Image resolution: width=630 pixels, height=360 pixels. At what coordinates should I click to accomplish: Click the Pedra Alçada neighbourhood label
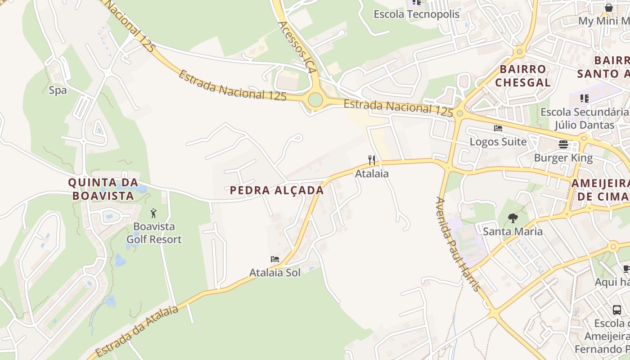277,190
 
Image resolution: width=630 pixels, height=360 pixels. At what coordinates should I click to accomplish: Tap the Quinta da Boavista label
101,189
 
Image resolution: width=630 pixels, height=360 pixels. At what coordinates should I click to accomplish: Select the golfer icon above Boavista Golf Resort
154,213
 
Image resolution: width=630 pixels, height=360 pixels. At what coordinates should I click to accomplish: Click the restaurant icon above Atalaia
372,160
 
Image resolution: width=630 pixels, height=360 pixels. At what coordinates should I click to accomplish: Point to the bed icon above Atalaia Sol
275,259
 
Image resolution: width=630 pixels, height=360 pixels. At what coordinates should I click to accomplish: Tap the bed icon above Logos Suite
498,128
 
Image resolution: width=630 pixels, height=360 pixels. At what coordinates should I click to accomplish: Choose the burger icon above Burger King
563,144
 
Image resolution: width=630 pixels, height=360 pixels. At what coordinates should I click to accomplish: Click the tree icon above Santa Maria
513,218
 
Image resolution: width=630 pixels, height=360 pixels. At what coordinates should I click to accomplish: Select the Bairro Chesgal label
522,76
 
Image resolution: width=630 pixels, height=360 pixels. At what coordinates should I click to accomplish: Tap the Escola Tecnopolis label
416,14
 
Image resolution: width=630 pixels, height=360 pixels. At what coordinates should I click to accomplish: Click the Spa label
58,90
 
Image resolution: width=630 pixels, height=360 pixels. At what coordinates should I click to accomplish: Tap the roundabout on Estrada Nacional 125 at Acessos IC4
315,100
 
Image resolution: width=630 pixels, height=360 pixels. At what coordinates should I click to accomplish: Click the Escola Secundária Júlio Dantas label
584,118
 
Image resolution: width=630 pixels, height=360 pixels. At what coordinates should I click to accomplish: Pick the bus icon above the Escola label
617,310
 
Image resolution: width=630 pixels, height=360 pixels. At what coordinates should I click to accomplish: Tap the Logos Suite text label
498,142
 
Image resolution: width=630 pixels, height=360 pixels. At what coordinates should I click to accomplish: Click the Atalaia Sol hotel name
275,273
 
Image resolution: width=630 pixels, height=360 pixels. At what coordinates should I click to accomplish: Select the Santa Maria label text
513,232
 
